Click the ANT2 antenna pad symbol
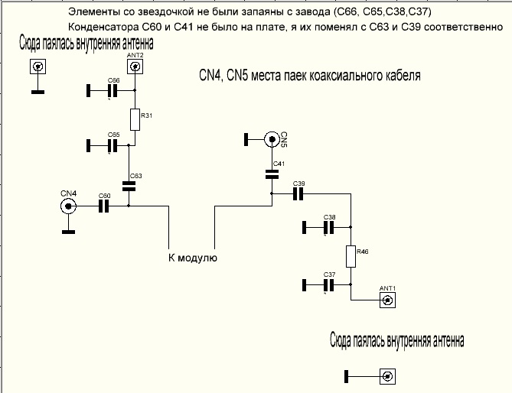click(135, 67)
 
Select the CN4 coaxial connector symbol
click(68, 206)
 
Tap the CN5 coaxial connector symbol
click(272, 139)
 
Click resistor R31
click(135, 119)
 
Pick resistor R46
click(351, 255)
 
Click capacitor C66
click(113, 91)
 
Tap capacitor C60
click(105, 206)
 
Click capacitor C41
click(272, 174)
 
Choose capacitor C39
click(298, 193)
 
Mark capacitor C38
click(329, 227)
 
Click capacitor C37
click(329, 285)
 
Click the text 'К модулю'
click(193, 258)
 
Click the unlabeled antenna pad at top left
click(36, 67)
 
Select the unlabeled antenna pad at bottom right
click(388, 376)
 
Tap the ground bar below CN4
click(68, 231)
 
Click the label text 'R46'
click(362, 251)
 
